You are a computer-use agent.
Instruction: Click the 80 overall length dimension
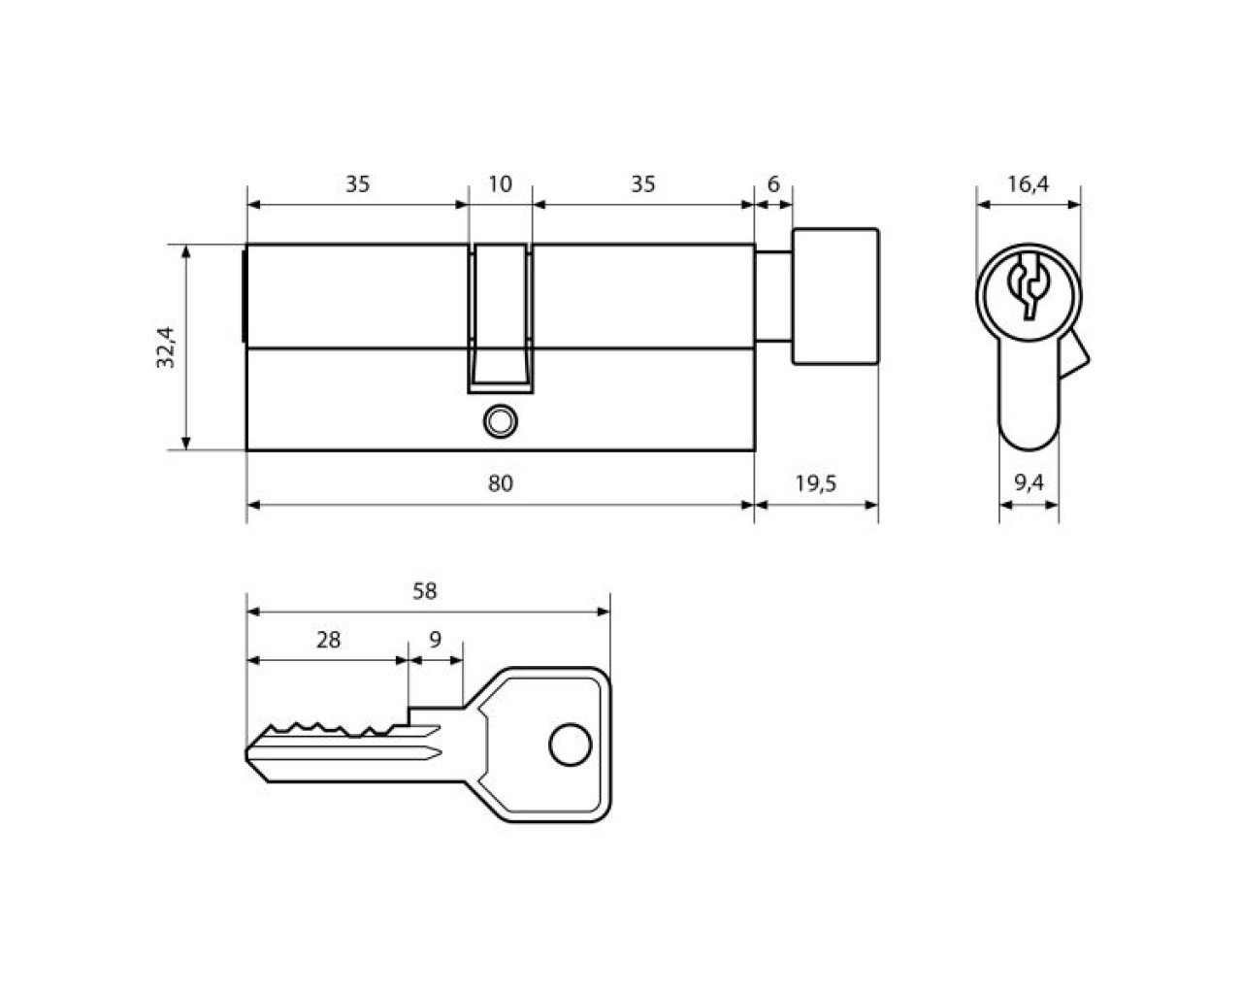point(500,482)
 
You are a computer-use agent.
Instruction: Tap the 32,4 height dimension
point(166,348)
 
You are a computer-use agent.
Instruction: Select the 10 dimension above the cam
point(500,184)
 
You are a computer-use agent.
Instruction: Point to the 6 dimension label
point(772,184)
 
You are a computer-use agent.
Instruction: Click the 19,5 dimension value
point(815,482)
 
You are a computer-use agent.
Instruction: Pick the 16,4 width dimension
point(1028,184)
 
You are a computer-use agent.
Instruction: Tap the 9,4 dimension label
point(1030,482)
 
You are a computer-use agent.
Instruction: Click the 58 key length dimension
point(424,591)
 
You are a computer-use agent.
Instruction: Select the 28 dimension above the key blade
point(328,640)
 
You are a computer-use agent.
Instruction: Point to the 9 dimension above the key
point(435,640)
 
